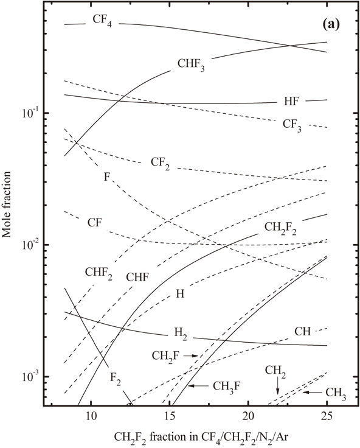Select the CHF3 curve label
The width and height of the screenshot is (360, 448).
(191, 64)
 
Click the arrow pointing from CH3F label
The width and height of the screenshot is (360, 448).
(198, 385)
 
